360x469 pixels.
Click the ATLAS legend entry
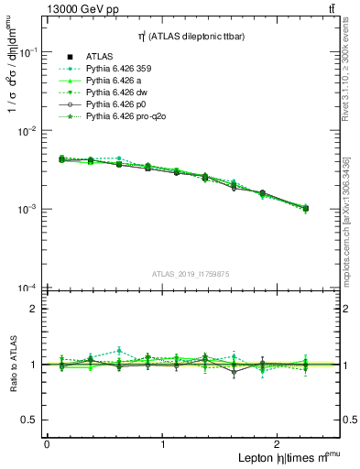coord(99,56)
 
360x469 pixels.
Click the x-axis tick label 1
coord(163,444)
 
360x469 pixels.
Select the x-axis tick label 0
coord(47,444)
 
